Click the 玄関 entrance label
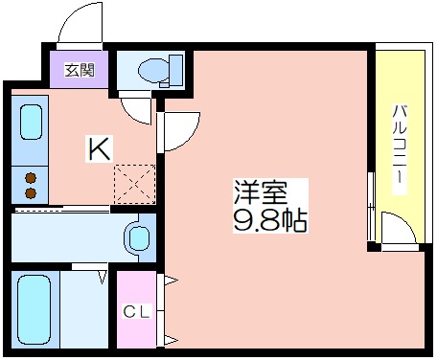[80, 70]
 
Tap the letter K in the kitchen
[100, 148]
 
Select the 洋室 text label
[261, 192]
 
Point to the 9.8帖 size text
[270, 220]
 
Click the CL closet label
[137, 312]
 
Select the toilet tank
[175, 70]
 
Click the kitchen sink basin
[31, 123]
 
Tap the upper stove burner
[31, 178]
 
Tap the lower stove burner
[31, 193]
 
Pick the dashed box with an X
[135, 184]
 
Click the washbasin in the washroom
[138, 237]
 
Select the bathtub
[34, 310]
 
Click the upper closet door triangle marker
[171, 281]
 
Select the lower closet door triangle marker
[171, 340]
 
